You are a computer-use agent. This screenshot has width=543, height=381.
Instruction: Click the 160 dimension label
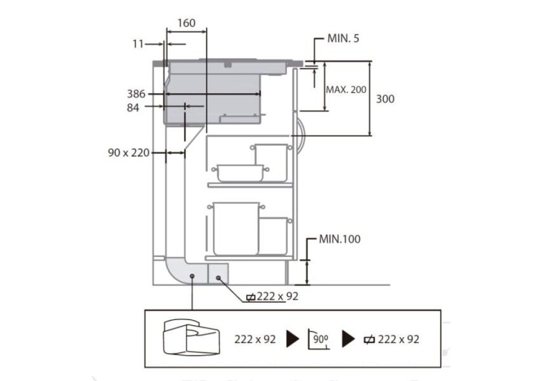(x=186, y=23)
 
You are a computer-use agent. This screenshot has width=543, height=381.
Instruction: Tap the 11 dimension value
(x=138, y=44)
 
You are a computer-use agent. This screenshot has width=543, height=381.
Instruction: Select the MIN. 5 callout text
(x=343, y=39)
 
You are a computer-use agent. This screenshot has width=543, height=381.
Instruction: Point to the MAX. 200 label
(x=346, y=90)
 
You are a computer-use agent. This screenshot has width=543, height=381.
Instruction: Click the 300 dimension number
(x=385, y=99)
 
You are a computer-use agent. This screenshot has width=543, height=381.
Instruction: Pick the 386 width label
(x=136, y=94)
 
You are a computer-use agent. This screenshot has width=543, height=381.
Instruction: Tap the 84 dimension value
(x=133, y=108)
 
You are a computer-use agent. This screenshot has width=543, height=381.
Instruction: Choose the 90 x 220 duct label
(x=128, y=153)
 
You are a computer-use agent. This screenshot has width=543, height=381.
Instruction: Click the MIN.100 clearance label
(x=339, y=239)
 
